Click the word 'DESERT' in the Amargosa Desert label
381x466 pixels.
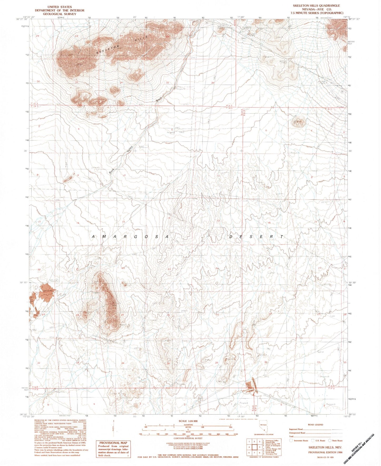pos(256,237)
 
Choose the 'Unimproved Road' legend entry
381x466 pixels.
pos(298,433)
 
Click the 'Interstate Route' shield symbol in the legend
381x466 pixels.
pos(291,440)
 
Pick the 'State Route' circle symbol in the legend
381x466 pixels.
pos(330,440)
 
